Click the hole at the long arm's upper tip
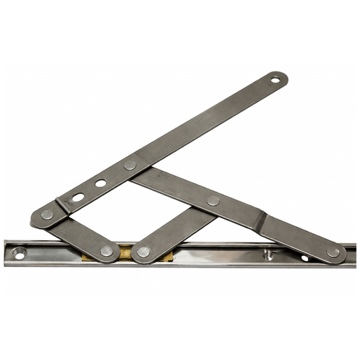tap(276, 80)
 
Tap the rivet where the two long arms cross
tap(130, 165)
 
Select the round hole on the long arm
tap(101, 183)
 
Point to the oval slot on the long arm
tap(78, 197)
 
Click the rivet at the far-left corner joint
tap(47, 214)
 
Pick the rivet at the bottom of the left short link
tap(107, 251)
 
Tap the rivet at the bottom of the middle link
tap(143, 252)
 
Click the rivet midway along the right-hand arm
tap(213, 201)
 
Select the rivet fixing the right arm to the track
tap(333, 252)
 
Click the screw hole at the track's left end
tap(18, 255)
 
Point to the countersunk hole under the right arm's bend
tap(267, 255)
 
